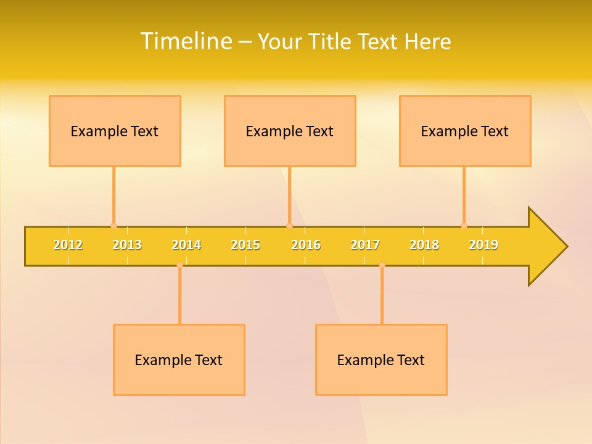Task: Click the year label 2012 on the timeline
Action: point(68,245)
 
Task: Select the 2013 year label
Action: point(127,245)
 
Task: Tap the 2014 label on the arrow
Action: point(186,245)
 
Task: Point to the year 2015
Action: point(245,245)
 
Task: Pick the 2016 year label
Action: point(306,245)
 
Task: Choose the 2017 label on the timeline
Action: point(365,245)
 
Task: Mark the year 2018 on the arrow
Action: point(424,245)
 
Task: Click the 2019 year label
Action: point(483,245)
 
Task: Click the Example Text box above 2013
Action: point(115,131)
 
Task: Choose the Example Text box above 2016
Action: point(290,131)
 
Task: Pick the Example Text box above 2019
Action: point(465,131)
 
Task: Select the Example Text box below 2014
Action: point(179,360)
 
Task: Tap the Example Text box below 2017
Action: point(381,360)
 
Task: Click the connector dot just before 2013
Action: point(113,226)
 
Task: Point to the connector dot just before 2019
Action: point(464,226)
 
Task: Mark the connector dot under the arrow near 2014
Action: point(179,265)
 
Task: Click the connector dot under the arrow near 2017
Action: point(382,265)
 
